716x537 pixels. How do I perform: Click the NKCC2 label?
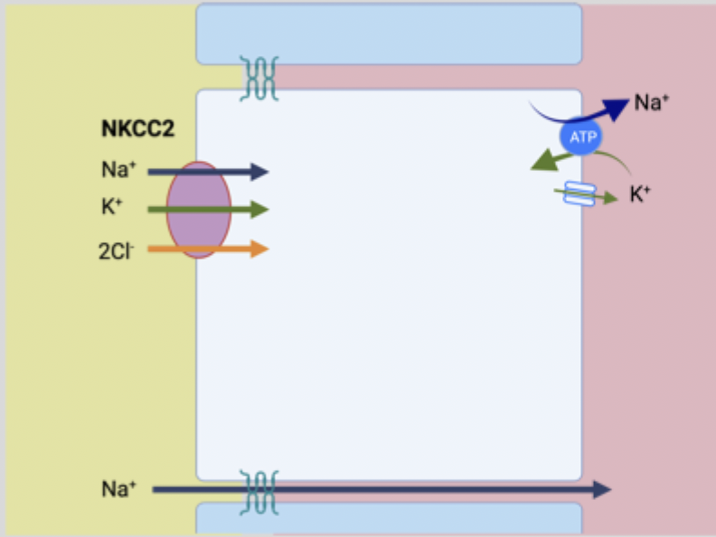[137, 129]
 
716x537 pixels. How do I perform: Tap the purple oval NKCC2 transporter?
[199, 210]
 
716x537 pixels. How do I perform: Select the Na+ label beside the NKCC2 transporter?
[117, 170]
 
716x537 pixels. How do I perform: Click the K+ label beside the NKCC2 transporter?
[111, 209]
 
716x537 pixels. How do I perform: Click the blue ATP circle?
[579, 137]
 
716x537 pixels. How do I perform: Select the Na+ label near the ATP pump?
[652, 102]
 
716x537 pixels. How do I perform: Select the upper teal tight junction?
[259, 78]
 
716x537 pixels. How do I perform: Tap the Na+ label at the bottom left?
[118, 490]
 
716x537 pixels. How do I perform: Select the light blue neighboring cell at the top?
[389, 33]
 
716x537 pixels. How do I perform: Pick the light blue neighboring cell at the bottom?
[389, 520]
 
